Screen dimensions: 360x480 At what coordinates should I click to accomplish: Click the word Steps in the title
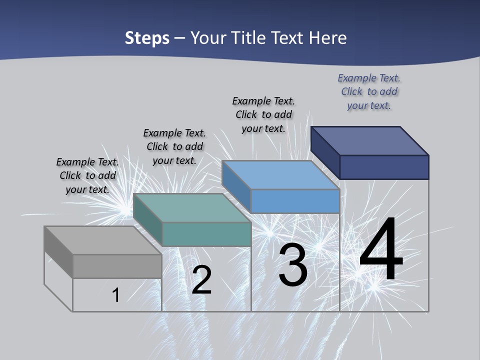147,38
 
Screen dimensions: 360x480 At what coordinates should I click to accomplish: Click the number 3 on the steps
293,265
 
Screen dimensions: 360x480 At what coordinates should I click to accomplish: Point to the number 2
201,280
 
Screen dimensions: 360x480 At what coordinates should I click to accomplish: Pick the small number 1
116,295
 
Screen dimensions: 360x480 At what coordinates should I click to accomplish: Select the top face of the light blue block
280,175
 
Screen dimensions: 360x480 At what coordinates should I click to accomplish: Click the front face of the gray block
117,266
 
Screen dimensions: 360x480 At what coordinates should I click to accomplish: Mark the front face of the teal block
206,234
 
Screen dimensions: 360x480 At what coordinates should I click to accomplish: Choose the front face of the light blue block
295,201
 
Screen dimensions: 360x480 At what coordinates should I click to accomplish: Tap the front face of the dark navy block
384,167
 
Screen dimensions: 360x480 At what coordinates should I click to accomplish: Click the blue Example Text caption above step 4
369,91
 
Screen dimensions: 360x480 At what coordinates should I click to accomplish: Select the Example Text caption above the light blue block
263,114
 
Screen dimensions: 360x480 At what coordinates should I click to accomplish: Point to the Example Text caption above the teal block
174,146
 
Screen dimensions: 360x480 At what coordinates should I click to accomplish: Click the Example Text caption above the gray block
87,175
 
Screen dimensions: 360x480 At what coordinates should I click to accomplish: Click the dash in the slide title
179,38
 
